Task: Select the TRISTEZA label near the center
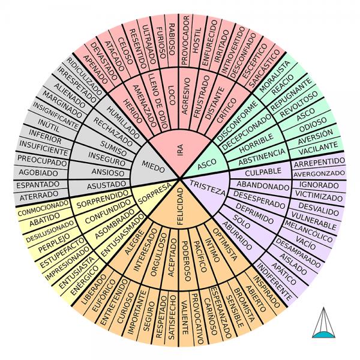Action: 207,186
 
